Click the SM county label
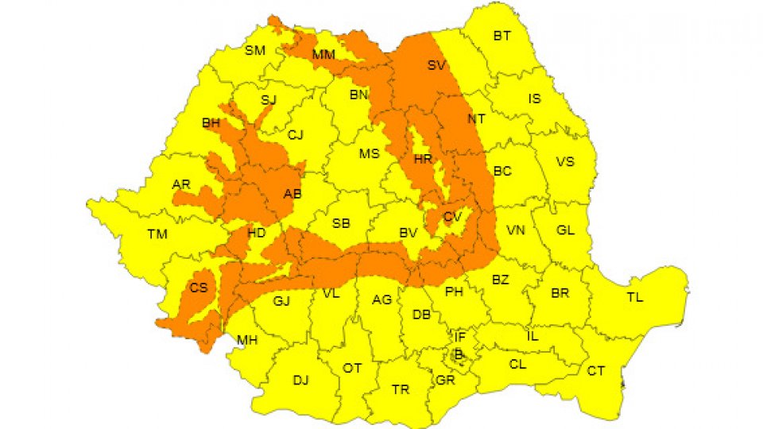[x=255, y=51]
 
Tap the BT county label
[x=502, y=36]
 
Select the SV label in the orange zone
[x=436, y=65]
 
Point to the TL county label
[x=634, y=298]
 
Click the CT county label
[x=595, y=371]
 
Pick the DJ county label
[x=300, y=381]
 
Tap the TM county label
[x=157, y=234]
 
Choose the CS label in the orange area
[x=199, y=288]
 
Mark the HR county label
[x=422, y=160]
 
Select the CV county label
[x=452, y=217]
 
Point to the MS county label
[x=369, y=154]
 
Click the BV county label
[x=409, y=234]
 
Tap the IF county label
[x=459, y=338]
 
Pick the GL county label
[x=565, y=230]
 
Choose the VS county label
[x=564, y=162]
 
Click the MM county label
[x=323, y=55]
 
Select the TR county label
[x=401, y=389]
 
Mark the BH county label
[x=211, y=123]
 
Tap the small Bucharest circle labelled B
[x=458, y=354]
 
